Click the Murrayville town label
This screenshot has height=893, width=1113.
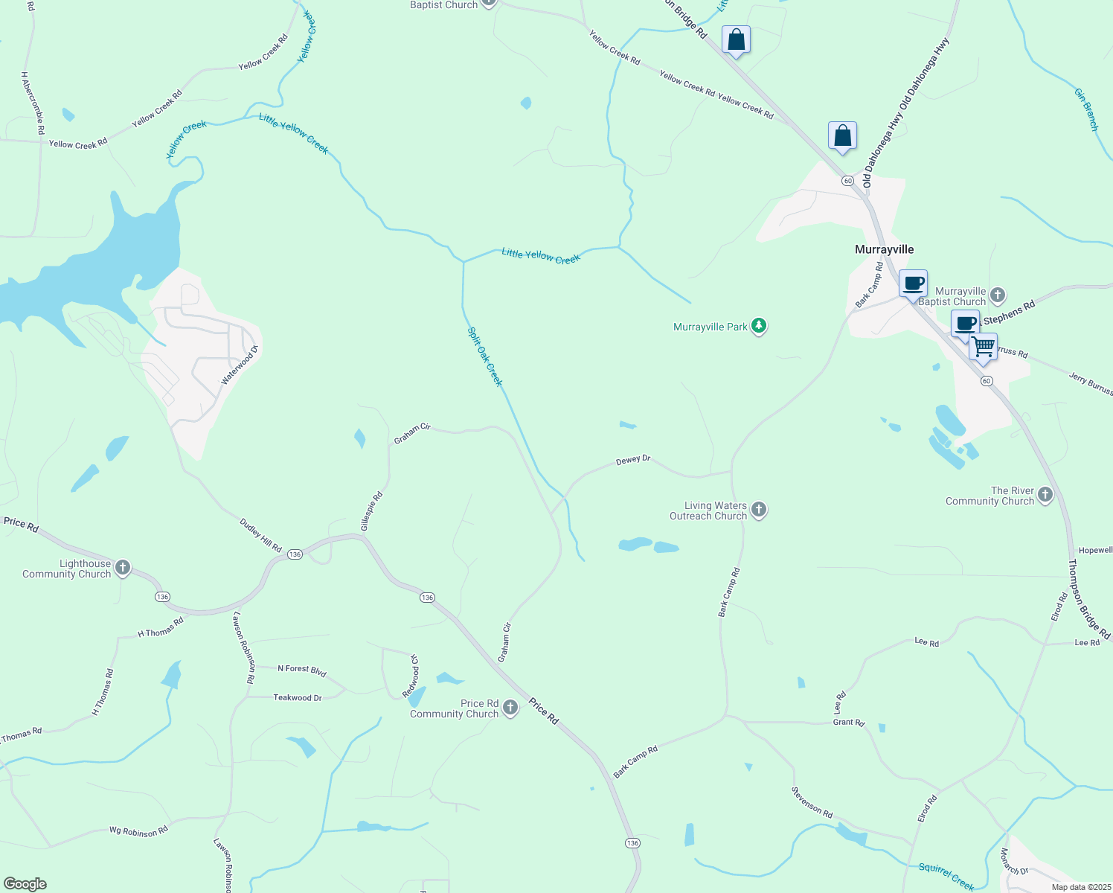coord(884,249)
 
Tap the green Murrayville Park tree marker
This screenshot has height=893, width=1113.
coord(759,326)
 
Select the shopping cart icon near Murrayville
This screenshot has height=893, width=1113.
coord(983,347)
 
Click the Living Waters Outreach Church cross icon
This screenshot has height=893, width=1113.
coord(759,510)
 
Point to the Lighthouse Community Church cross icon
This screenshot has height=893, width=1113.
coord(123,568)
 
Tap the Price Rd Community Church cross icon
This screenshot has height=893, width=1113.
coord(510,708)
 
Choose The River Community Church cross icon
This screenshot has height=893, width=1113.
coord(1045,495)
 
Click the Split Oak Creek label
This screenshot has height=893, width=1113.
coord(485,357)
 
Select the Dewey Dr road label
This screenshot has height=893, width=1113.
coord(633,461)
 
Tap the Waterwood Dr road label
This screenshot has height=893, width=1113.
coord(239,365)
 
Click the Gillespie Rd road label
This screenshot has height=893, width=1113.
coord(371,511)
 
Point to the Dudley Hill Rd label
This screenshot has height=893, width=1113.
coord(260,535)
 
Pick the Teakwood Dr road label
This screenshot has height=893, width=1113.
coord(298,697)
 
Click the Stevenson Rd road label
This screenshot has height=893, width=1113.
coord(812,801)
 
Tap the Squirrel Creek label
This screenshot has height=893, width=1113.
coord(946,876)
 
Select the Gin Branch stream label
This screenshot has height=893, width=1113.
coord(1086,109)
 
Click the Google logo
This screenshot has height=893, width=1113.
coord(25,884)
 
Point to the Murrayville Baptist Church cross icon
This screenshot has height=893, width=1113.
coord(998,295)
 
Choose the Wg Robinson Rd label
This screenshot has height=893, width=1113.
coord(138,830)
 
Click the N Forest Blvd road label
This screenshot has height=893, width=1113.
coord(301,670)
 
